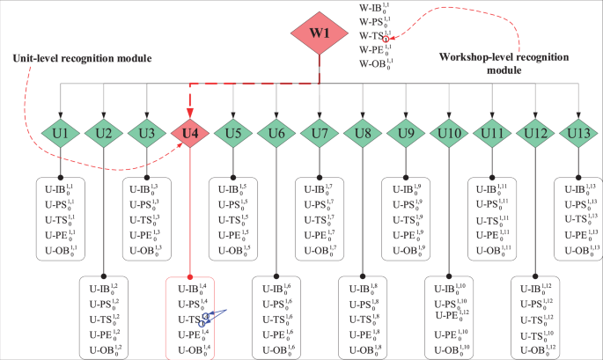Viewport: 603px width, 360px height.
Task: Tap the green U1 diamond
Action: pos(61,134)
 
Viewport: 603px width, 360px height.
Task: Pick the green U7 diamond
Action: pos(320,134)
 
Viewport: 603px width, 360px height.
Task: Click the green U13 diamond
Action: pos(577,134)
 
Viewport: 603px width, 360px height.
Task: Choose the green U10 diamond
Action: pos(449,134)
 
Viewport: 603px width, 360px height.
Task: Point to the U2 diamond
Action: pos(104,134)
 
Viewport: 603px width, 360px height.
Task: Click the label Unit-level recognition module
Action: pos(82,58)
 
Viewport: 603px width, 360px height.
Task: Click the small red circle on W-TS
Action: pos(386,39)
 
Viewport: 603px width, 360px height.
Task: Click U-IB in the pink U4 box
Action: pos(191,288)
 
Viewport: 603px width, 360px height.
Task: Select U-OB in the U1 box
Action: pos(61,249)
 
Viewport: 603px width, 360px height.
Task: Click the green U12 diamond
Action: pos(535,134)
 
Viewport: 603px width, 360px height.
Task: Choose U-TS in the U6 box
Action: pos(276,319)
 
